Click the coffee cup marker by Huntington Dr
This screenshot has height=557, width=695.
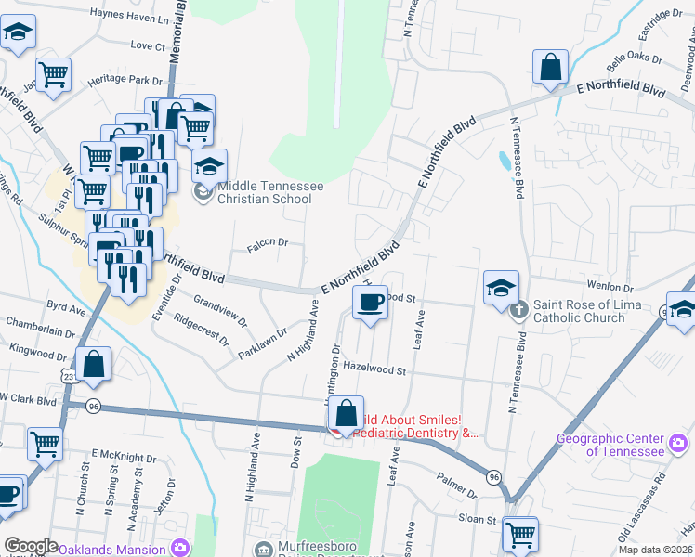pos(371,303)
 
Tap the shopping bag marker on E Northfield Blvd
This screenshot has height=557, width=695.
pos(550,69)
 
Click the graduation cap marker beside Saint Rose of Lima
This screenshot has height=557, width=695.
pos(501,289)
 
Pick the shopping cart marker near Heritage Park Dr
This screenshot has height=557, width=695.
pos(54,73)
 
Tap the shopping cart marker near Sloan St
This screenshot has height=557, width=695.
pos(520,535)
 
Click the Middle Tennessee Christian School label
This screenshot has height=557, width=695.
pos(269,192)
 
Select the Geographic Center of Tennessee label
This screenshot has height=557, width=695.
pos(610,445)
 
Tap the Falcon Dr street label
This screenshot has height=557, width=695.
pos(269,244)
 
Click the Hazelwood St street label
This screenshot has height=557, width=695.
pos(376,370)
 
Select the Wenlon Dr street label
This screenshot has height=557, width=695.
pos(610,288)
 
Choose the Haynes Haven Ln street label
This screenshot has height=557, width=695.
pos(129,15)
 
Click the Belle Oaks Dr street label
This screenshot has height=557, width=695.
pos(633,63)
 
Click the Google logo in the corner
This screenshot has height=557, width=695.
pos(31,546)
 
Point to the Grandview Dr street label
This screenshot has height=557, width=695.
pos(220,310)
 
